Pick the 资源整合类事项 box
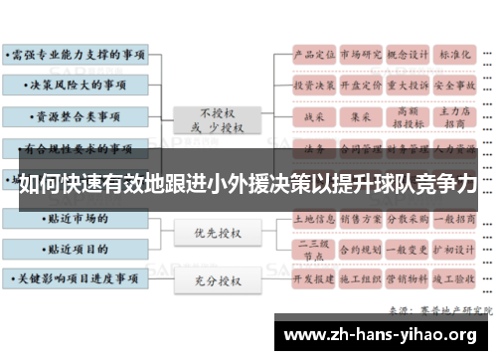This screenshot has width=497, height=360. pos(75,117)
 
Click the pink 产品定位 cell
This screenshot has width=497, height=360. pos(312,54)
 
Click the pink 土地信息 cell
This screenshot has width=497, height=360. pos(312,216)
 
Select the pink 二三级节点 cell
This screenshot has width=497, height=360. pos(312,248)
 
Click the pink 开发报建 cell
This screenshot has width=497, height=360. pos(312,279)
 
